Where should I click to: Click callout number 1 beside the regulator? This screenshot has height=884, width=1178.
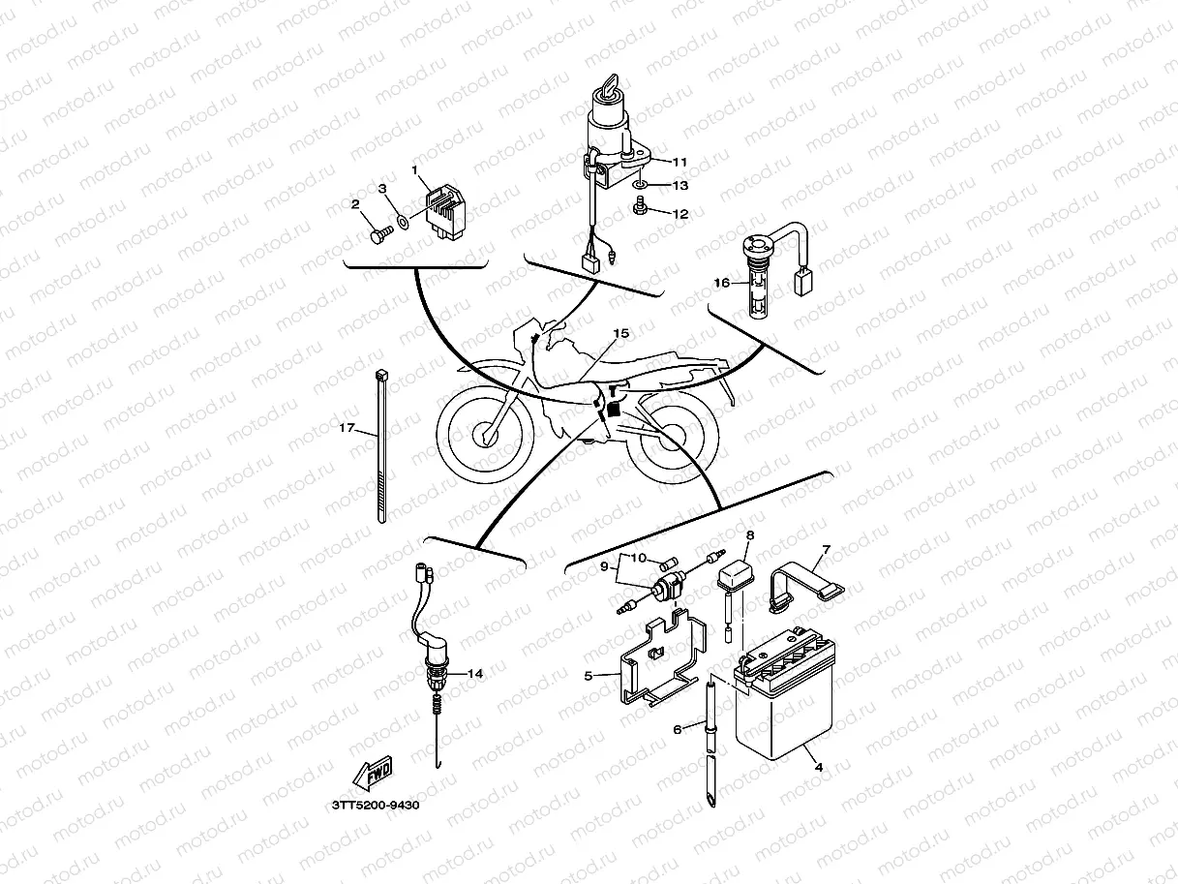tap(415, 170)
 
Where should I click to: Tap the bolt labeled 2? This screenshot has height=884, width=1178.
tap(378, 234)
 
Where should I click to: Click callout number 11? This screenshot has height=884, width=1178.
tap(680, 161)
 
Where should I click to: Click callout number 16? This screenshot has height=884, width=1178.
tap(721, 284)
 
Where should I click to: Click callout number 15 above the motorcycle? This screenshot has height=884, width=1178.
tap(620, 333)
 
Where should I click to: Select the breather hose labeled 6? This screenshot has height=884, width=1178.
tap(712, 741)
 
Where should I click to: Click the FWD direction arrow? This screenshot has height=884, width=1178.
tap(372, 773)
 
